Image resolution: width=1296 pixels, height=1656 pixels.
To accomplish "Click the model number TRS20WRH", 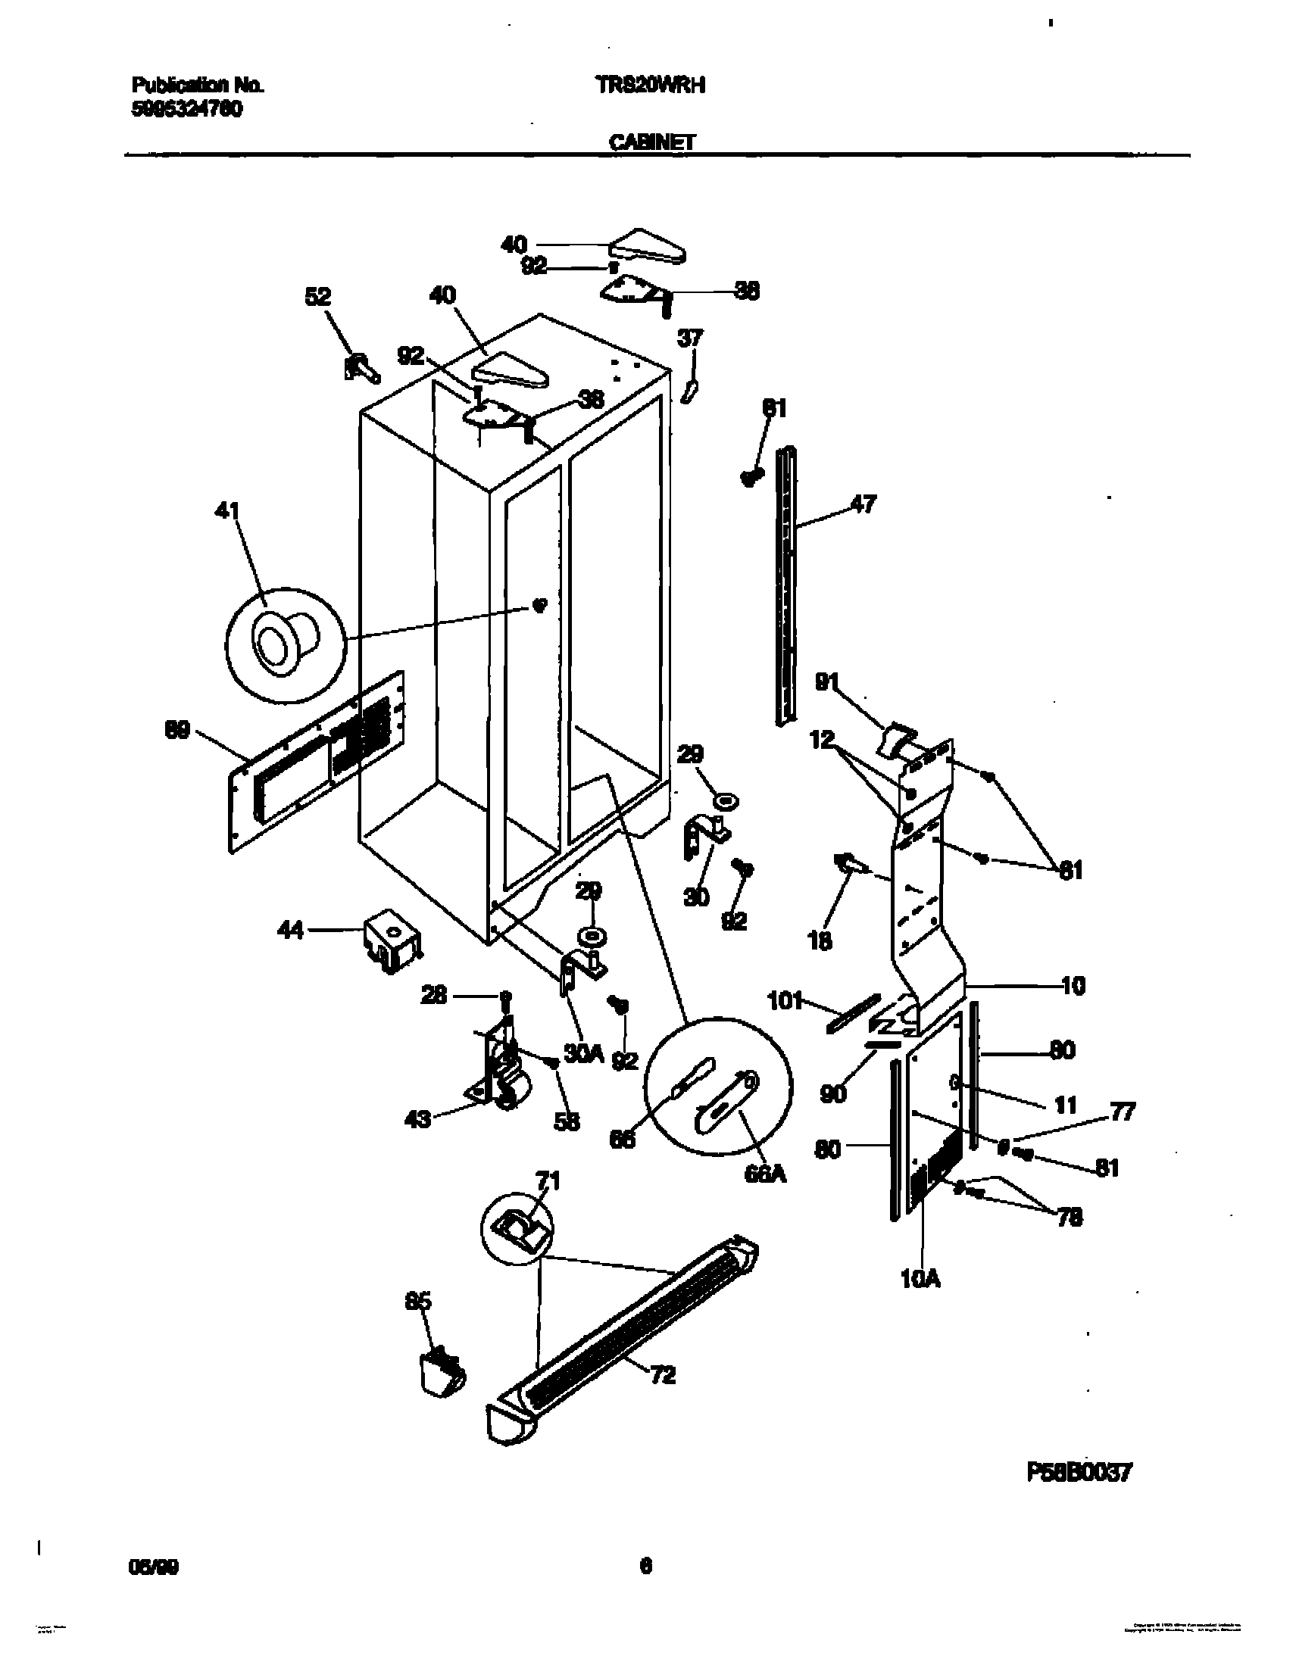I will point(651,86).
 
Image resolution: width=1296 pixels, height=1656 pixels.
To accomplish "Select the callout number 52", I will point(318,297).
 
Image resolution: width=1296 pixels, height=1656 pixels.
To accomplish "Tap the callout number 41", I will point(227,511).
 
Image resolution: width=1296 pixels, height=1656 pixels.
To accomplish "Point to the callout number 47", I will point(863,504).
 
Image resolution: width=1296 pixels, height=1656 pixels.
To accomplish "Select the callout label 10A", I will point(920,1280).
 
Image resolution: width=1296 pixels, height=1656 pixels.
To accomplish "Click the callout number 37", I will point(691,338).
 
